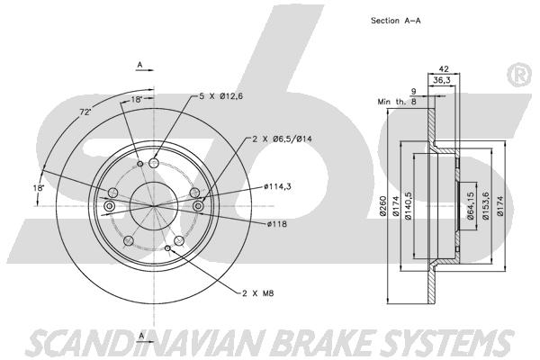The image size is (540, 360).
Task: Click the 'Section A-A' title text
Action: pyautogui.click(x=395, y=21)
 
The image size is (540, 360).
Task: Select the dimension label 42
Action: pyautogui.click(x=445, y=68)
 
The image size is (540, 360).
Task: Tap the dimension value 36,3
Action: pyautogui.click(x=442, y=81)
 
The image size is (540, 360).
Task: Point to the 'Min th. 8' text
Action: pyautogui.click(x=397, y=102)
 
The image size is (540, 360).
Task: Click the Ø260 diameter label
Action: pyautogui.click(x=383, y=206)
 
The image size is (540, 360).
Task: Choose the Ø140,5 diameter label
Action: pyautogui.click(x=408, y=206)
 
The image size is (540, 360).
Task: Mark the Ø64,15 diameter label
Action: pyautogui.click(x=471, y=206)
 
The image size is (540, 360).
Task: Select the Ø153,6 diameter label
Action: pyautogui.click(x=486, y=206)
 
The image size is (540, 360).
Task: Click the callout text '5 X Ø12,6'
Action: pyautogui.click(x=221, y=96)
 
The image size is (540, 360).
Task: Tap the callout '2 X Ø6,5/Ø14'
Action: pyautogui.click(x=282, y=139)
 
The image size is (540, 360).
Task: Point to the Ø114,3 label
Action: pyautogui.click(x=277, y=187)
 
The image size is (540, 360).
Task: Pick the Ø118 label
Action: pyautogui.click(x=276, y=224)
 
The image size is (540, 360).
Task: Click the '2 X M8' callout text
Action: pyautogui.click(x=258, y=293)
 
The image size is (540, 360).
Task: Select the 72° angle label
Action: pyautogui.click(x=85, y=112)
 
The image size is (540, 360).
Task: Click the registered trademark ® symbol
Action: pyautogui.click(x=519, y=76)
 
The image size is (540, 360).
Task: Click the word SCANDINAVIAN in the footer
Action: pyautogui.click(x=149, y=343)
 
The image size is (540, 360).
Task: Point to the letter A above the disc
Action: pyautogui.click(x=139, y=65)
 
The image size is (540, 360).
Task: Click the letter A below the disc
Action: pyautogui.click(x=141, y=337)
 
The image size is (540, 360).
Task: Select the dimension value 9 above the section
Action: pyautogui.click(x=414, y=92)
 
